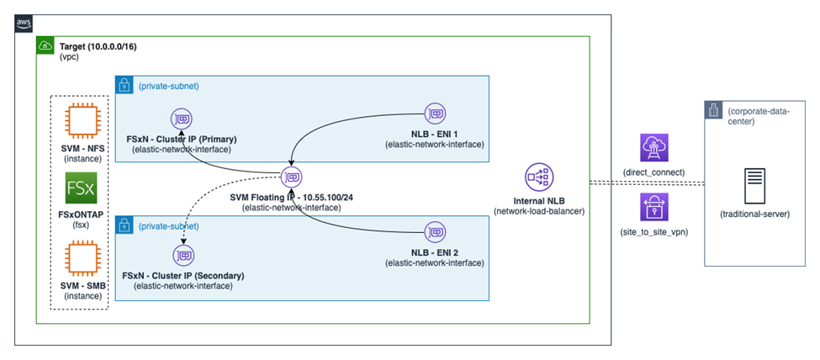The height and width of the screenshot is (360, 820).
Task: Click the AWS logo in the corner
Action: coord(24,24)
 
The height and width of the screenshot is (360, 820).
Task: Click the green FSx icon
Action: coord(81,190)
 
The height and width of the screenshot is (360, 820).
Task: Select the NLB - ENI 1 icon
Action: coord(434,113)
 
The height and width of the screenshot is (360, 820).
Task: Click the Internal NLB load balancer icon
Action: coord(537,177)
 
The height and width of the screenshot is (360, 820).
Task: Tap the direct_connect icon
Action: coord(653,148)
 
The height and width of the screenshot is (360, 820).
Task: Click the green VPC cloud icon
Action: coord(45,45)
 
